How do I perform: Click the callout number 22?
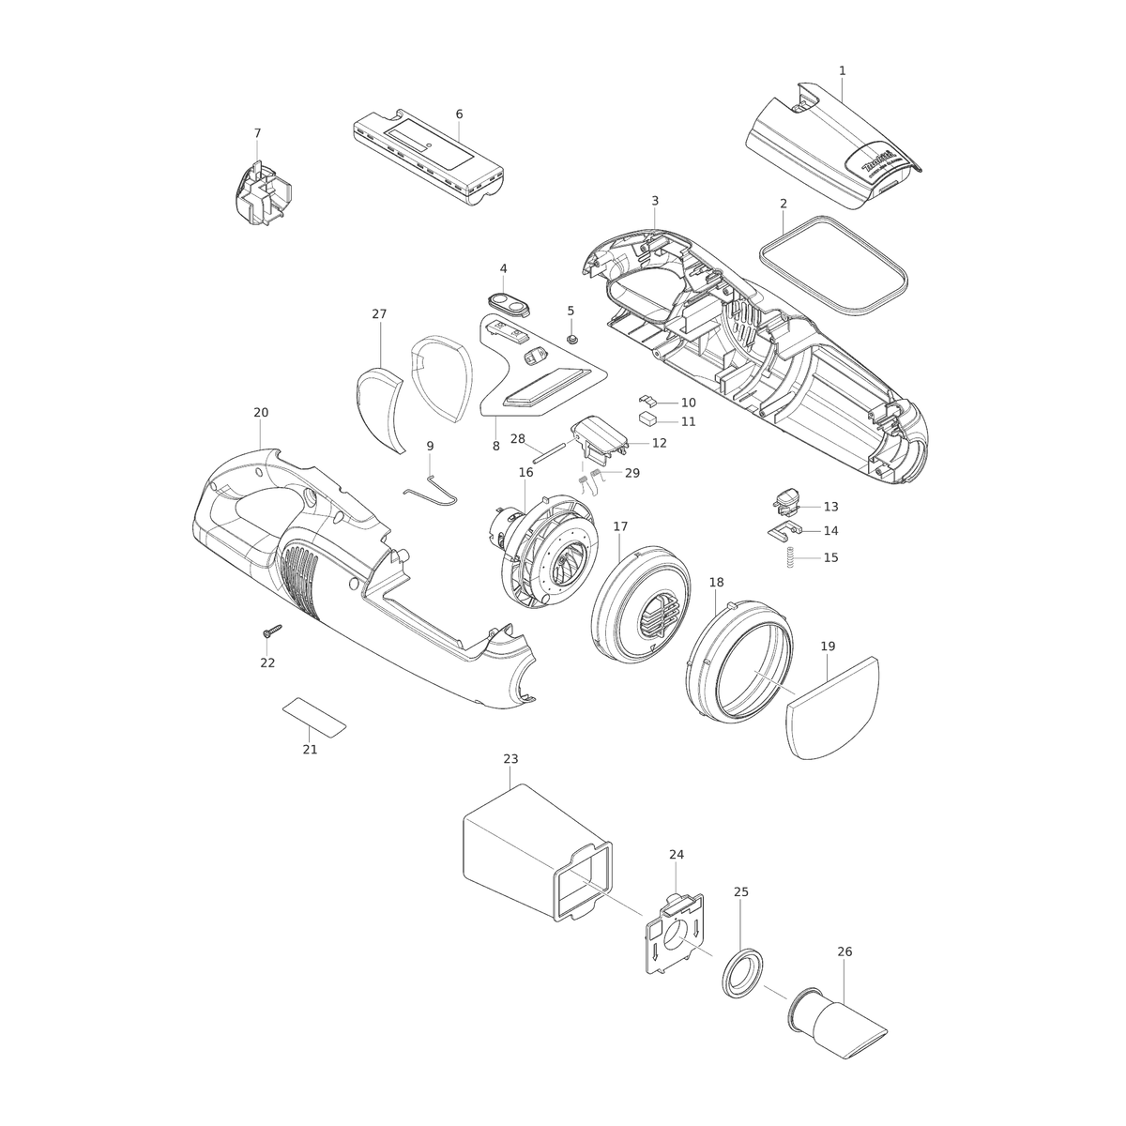267,662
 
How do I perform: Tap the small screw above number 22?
272,631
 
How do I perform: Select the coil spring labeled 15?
791,557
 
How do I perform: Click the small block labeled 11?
647,418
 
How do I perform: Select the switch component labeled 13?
786,503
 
